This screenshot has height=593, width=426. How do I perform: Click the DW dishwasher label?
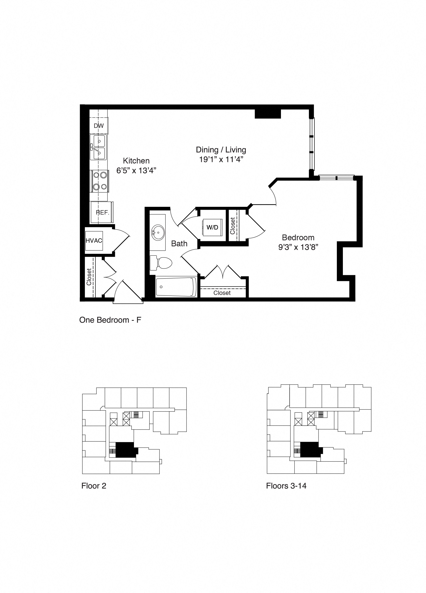[x=99, y=126]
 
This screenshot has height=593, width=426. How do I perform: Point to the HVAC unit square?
[x=94, y=241]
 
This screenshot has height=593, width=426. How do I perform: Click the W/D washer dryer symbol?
[x=212, y=227]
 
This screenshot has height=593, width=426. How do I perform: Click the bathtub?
[x=176, y=287]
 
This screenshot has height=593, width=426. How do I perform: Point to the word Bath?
[x=179, y=243]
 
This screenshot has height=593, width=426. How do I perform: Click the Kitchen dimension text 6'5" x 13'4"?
[x=136, y=170]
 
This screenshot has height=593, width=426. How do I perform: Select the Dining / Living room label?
[x=221, y=150]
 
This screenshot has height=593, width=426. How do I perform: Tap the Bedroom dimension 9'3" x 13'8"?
[x=298, y=247]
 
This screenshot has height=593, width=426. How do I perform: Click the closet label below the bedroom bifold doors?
[x=222, y=293]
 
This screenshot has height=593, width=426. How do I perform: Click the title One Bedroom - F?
[x=110, y=320]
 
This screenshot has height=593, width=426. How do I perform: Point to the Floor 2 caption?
[x=94, y=486]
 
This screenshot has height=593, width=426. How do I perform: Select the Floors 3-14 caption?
[x=286, y=486]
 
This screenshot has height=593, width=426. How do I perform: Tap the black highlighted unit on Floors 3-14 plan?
[x=310, y=450]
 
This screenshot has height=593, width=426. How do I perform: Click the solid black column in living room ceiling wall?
[x=267, y=114]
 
